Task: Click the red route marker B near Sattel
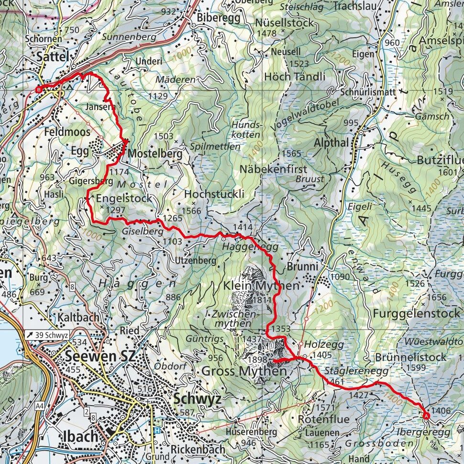[x=40, y=89]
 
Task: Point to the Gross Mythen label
[x=244, y=371]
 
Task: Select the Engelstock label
[x=124, y=198]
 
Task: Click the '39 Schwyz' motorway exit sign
[x=46, y=334]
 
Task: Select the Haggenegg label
[x=243, y=246]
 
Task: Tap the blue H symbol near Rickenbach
[x=157, y=430]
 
